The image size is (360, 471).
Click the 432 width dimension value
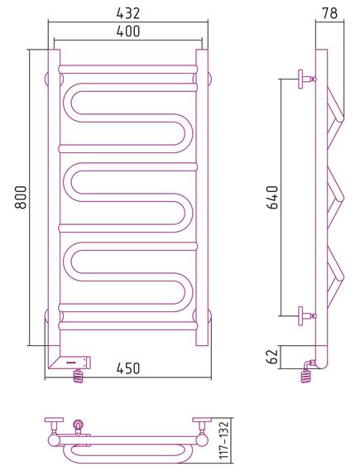128,13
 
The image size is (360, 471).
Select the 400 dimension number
128,31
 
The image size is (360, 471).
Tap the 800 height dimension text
21,197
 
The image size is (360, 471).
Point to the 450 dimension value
128,368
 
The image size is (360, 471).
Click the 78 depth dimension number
330,13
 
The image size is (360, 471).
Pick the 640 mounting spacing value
273,197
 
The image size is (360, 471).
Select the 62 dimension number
273,357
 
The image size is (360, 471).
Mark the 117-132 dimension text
224,440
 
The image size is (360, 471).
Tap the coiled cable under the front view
79,376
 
